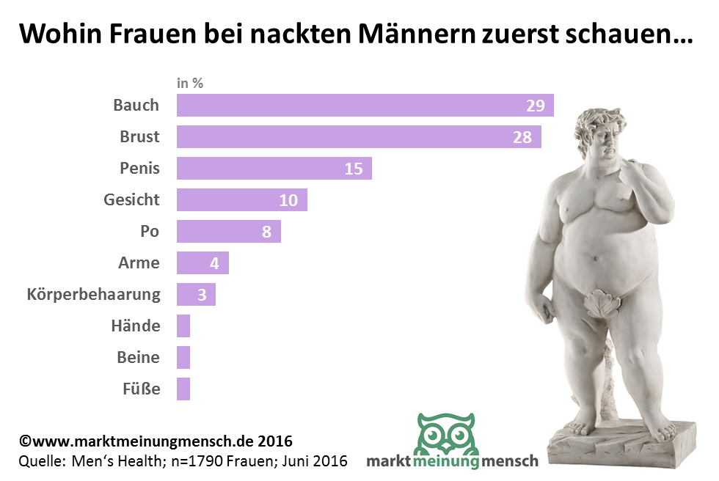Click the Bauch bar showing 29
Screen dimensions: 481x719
click(365, 105)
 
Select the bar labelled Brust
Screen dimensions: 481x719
click(359, 136)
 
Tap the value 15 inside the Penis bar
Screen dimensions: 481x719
click(354, 168)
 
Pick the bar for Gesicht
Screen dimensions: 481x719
click(241, 199)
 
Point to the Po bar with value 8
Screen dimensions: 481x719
click(228, 232)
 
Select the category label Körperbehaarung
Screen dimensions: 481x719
click(93, 295)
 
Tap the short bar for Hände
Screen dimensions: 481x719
click(183, 326)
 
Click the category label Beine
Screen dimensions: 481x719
click(138, 357)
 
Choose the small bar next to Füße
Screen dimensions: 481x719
click(183, 389)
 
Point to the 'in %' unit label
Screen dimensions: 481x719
click(190, 83)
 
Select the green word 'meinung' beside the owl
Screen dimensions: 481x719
click(446, 461)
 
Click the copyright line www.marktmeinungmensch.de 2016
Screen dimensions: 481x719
click(155, 441)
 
